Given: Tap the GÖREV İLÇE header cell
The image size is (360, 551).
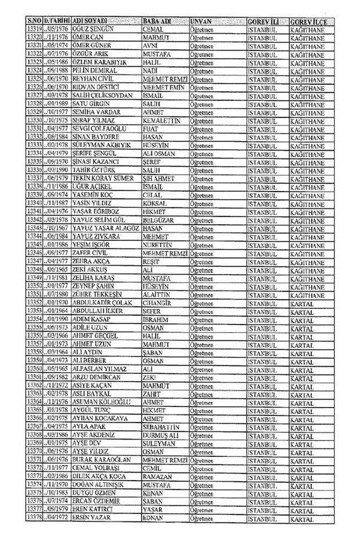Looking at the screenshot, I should pyautogui.click(x=307, y=20).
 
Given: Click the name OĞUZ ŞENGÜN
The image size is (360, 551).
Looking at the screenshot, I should pyautogui.click(x=92, y=28).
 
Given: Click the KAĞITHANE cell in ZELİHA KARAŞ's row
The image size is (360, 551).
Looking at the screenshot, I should pyautogui.click(x=306, y=279).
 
